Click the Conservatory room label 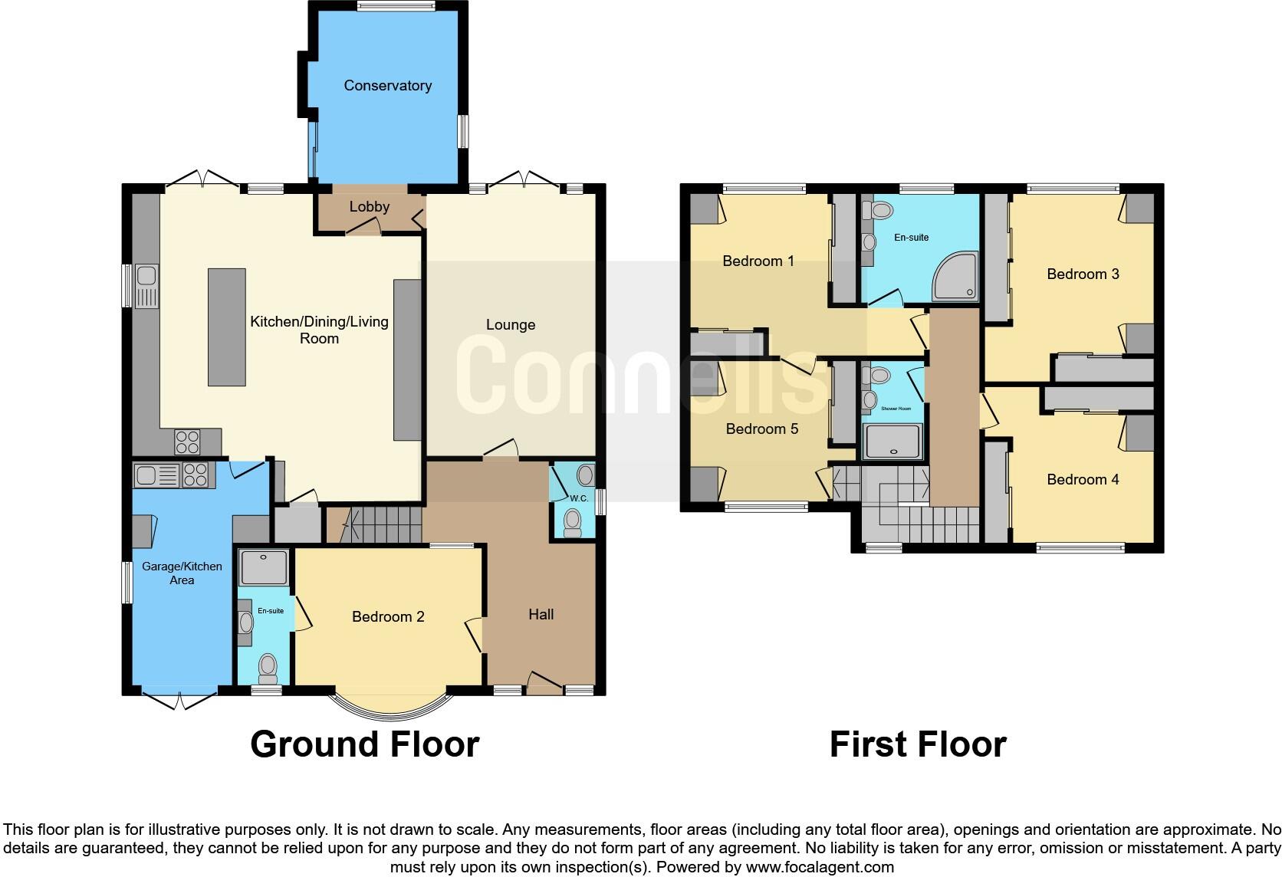coord(387,86)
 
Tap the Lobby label coord(370,207)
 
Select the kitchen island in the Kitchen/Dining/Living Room coord(227,327)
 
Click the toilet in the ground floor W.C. coord(572,523)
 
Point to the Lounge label coord(511,325)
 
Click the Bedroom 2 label coord(388,617)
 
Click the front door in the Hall coord(544,685)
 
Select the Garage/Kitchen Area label coord(182,573)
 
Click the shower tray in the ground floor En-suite coord(265,568)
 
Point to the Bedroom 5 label coord(762,429)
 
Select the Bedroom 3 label coord(1083,274)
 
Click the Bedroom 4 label coord(1083,480)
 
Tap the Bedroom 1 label coord(758,261)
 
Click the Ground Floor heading coord(365,744)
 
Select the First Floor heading coord(918,744)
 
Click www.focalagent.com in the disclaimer coord(820,868)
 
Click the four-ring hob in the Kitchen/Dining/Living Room coord(187,442)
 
